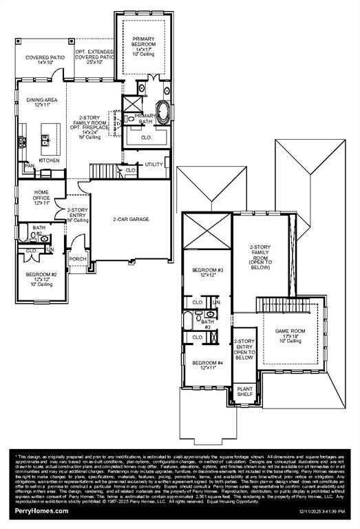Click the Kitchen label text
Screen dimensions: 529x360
(x=50, y=160)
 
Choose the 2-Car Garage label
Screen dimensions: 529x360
(x=131, y=219)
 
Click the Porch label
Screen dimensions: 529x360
(x=78, y=260)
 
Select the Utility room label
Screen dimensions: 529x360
(x=153, y=165)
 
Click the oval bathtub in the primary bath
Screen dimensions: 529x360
(x=165, y=110)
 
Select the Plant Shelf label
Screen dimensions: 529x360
(x=244, y=391)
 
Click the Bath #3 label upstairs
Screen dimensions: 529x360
(x=207, y=324)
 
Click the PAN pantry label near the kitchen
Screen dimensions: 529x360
(x=29, y=166)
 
